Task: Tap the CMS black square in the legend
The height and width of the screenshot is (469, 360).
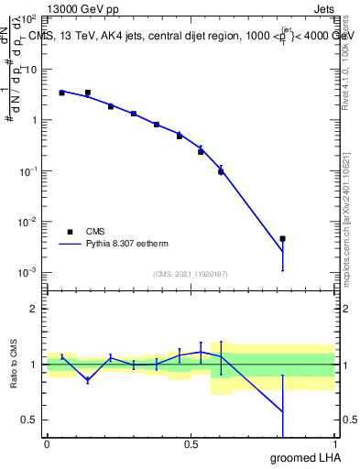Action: click(70, 232)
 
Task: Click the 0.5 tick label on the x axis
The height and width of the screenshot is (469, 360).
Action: click(191, 444)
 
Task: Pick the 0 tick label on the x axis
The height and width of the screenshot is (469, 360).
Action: click(47, 444)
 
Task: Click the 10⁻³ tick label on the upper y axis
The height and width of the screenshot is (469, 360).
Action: click(29, 273)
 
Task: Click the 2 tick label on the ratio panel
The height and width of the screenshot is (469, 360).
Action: click(35, 309)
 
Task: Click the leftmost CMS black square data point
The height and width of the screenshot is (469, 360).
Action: click(61, 93)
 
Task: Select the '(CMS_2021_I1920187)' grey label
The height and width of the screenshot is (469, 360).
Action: click(190, 273)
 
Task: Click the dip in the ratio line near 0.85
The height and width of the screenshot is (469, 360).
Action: click(88, 379)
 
